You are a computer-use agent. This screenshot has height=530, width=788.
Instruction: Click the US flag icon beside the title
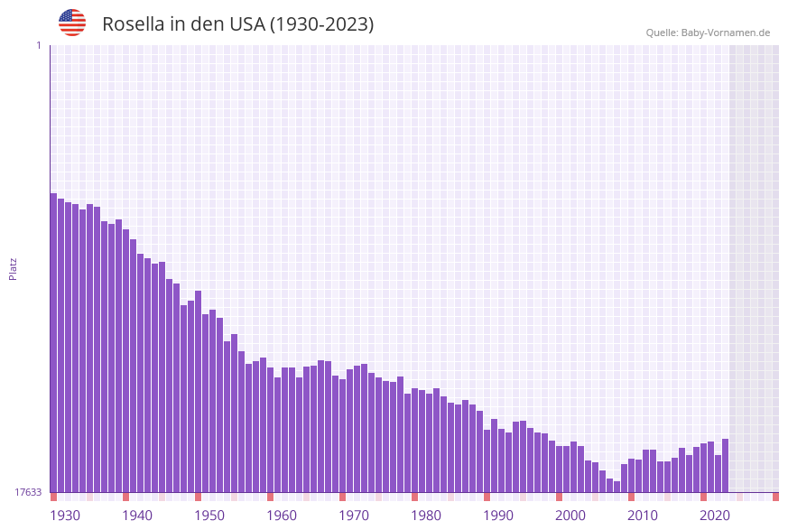(x=72, y=23)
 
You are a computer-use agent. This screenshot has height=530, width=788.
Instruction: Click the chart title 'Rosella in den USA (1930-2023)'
(x=237, y=24)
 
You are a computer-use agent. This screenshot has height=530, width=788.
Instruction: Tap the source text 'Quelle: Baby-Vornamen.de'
(x=708, y=33)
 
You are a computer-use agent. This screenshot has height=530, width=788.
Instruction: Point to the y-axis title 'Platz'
(x=14, y=268)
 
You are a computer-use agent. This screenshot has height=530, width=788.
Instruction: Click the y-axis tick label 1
(x=38, y=45)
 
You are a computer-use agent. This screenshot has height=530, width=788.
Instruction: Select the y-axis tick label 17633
(x=28, y=492)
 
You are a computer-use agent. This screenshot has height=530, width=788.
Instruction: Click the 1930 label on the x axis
(x=64, y=516)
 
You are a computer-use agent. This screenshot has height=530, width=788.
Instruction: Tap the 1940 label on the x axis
(x=137, y=516)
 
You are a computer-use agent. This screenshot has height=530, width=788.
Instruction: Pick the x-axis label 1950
(x=209, y=516)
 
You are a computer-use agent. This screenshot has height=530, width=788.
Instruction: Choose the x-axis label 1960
(x=282, y=516)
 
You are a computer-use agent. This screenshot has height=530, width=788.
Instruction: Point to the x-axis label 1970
(x=354, y=516)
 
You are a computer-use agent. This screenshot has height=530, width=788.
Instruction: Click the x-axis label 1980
(x=426, y=516)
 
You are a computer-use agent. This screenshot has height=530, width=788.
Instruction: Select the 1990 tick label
(x=498, y=516)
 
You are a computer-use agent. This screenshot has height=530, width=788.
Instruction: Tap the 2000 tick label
(x=570, y=516)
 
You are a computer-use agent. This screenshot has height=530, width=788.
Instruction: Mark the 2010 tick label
(x=643, y=516)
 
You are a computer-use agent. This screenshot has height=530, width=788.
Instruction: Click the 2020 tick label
(x=715, y=516)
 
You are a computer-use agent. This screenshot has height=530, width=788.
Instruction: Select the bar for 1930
(x=53, y=343)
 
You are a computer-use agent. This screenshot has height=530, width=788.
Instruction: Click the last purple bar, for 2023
(x=725, y=465)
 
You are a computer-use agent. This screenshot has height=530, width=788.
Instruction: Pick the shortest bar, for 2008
(x=616, y=487)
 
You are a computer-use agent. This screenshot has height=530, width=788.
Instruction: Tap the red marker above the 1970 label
(x=342, y=497)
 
